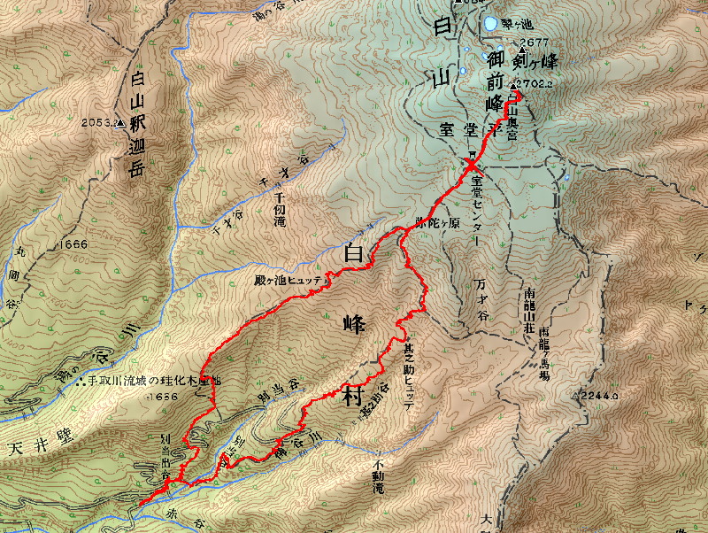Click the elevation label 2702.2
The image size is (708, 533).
pos(537,84)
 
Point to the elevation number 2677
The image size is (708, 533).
pos(535,42)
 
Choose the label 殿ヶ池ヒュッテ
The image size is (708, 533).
pos(291,279)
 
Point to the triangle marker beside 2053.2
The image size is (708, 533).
pos(120,123)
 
